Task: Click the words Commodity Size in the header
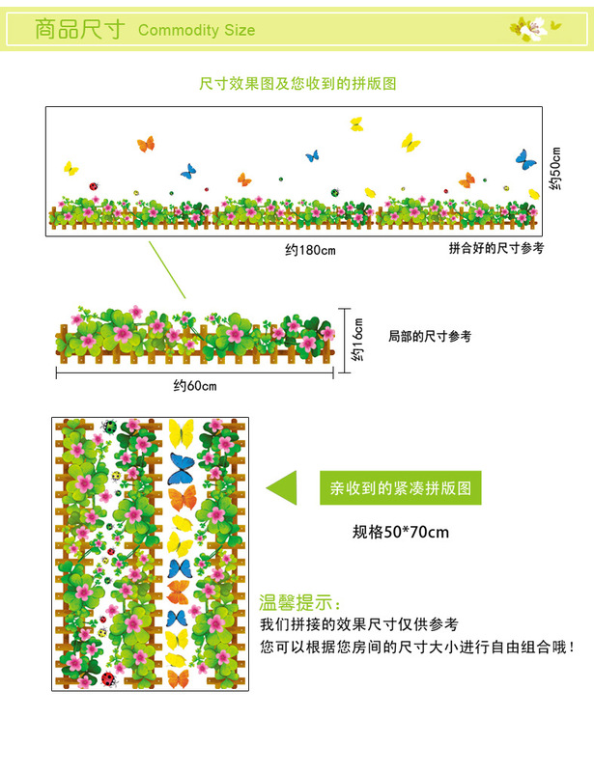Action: [x=196, y=30]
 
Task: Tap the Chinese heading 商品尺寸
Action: [x=79, y=29]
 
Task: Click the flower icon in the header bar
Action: [x=534, y=29]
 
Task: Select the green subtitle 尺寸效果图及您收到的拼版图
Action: [x=297, y=84]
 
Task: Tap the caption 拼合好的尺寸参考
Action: [x=496, y=248]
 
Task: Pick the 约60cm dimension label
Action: [x=195, y=386]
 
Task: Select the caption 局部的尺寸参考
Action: [x=429, y=337]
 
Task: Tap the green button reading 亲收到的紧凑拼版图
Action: [x=399, y=488]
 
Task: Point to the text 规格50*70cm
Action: [x=401, y=532]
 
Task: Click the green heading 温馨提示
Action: [x=297, y=604]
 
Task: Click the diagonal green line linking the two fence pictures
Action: [x=166, y=269]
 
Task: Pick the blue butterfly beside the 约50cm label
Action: [x=524, y=158]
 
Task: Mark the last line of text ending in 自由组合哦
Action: [x=417, y=648]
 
